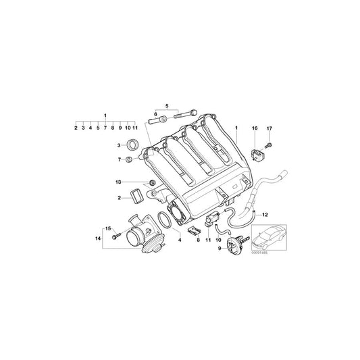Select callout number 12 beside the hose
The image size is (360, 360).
click(264, 214)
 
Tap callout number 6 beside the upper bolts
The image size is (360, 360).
click(155, 114)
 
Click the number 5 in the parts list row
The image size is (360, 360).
click(98, 128)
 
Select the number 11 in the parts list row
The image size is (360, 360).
click(135, 128)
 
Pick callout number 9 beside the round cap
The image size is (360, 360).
click(220, 248)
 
